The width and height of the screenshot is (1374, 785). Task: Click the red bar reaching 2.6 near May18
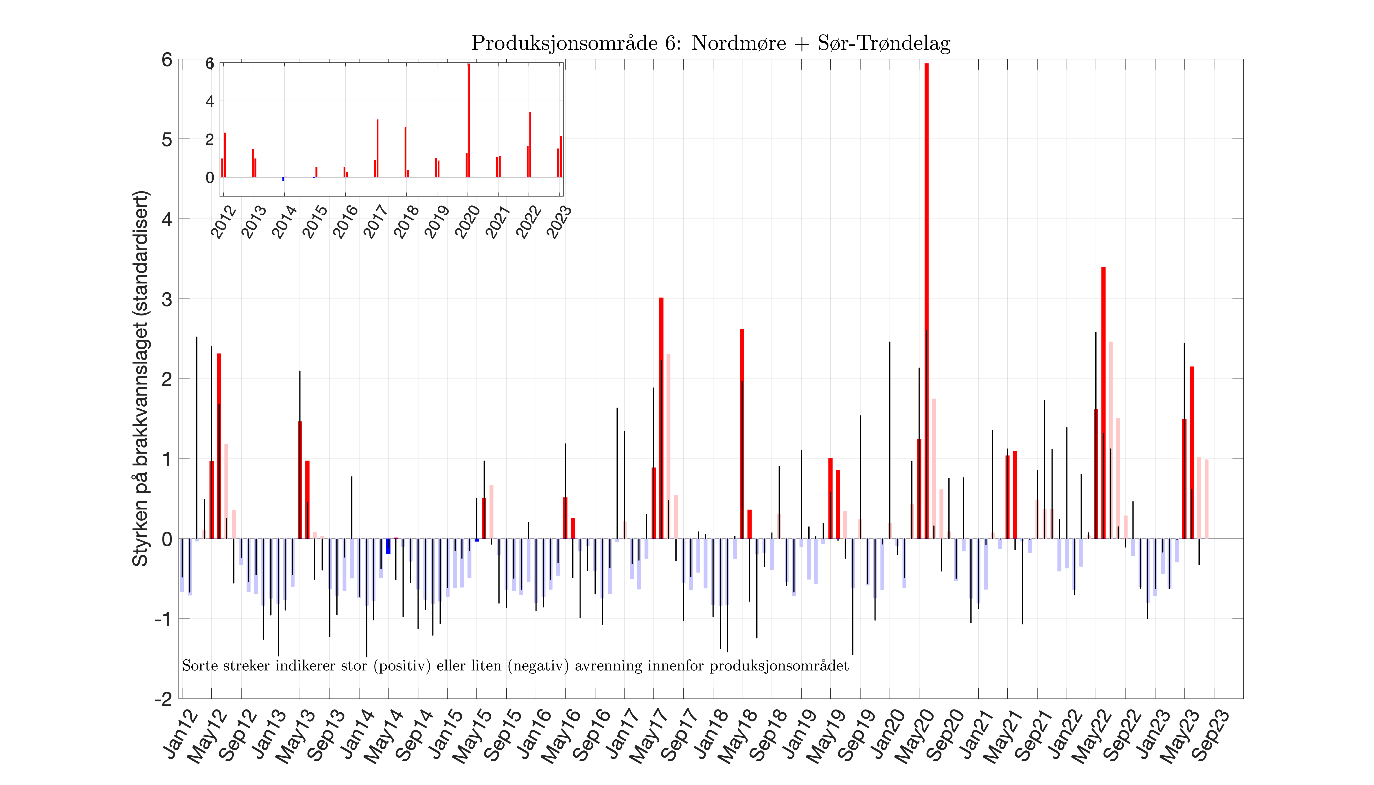click(742, 431)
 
